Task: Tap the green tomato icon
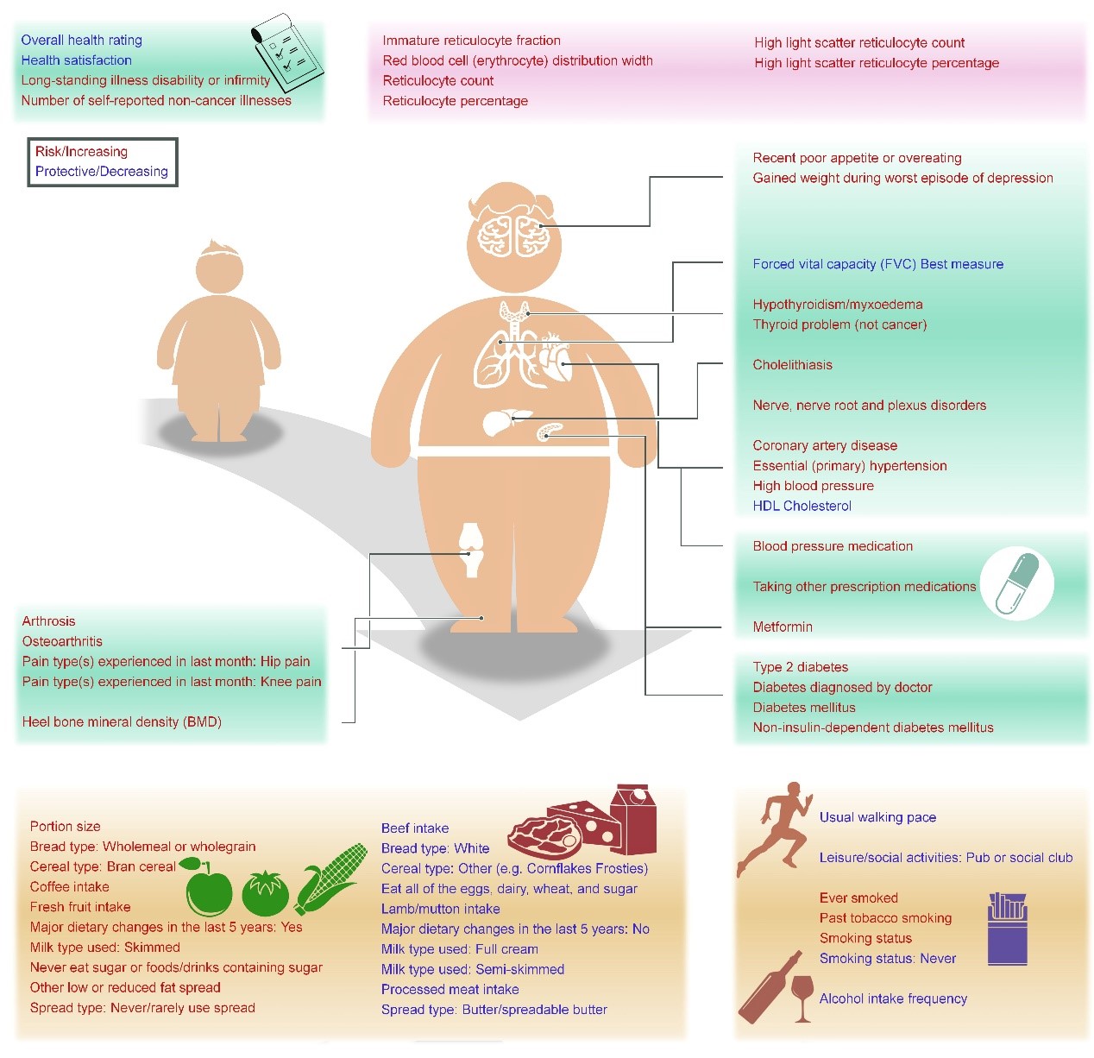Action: click(x=265, y=893)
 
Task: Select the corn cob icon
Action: click(x=330, y=879)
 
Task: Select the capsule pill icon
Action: click(x=1017, y=584)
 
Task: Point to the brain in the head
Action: click(x=513, y=234)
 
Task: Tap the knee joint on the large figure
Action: click(x=470, y=550)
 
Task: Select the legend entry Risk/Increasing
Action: click(x=81, y=152)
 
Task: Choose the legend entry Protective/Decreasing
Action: click(x=101, y=172)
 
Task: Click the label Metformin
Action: click(x=783, y=627)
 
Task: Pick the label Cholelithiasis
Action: click(x=792, y=365)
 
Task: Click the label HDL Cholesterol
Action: click(x=802, y=507)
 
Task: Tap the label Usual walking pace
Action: click(x=877, y=817)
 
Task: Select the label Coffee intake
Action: click(x=70, y=887)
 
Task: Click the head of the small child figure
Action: click(x=219, y=265)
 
